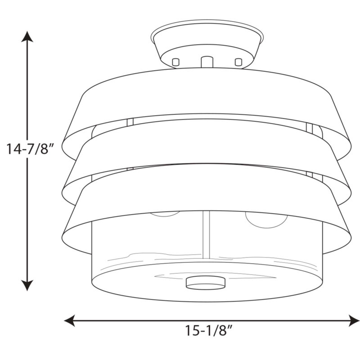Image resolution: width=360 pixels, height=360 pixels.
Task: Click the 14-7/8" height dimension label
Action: [30, 149]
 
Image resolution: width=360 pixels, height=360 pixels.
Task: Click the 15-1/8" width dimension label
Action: [209, 331]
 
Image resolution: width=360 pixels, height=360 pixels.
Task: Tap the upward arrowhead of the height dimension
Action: [27, 37]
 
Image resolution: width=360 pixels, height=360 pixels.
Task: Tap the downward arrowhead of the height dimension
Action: [27, 285]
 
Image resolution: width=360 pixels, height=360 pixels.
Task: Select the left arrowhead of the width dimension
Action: [69, 320]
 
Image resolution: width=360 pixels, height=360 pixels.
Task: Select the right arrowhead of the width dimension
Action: [354, 320]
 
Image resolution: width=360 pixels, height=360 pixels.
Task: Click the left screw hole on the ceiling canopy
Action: [175, 62]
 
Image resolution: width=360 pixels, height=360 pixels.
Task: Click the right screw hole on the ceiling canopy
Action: [238, 62]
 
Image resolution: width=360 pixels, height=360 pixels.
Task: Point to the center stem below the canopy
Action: [207, 62]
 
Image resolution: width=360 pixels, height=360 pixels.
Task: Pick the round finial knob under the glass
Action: [206, 283]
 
